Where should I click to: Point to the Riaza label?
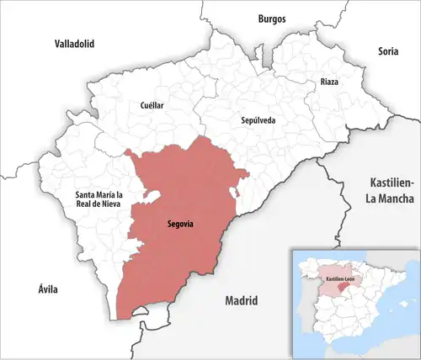coord(329,82)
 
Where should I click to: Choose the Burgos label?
coord(272,18)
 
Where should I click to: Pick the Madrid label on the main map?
coord(241,300)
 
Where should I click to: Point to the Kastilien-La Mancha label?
coord(392,190)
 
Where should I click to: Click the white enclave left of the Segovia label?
coord(152,197)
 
